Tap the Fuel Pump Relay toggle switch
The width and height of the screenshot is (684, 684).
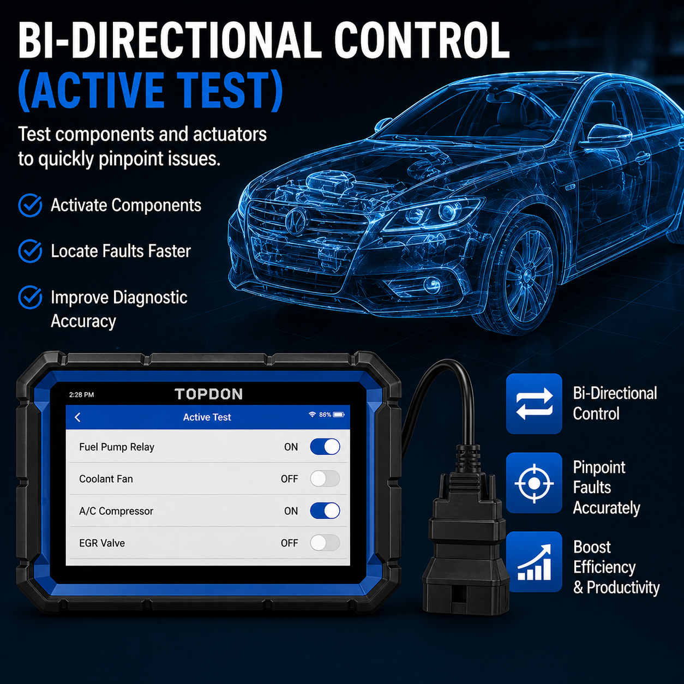point(325,447)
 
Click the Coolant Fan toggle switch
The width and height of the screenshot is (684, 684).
point(325,478)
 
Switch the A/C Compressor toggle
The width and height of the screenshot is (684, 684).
point(325,511)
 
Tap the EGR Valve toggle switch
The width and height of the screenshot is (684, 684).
point(325,543)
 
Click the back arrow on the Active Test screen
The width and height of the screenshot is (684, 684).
point(78,417)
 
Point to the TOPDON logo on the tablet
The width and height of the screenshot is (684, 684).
point(209,394)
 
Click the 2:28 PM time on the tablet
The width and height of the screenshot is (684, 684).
point(81,395)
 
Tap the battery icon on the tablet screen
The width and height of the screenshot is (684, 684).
point(339,415)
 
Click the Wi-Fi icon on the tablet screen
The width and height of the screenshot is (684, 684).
point(313,414)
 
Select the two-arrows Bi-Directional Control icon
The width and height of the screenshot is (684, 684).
point(534,404)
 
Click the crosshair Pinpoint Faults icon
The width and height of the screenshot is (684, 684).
point(534,483)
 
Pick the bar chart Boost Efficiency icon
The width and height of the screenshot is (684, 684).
point(534,562)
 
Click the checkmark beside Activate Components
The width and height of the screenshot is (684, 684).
point(30,205)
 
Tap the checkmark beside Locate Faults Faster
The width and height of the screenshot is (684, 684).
point(30,251)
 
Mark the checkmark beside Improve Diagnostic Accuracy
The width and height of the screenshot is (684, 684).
point(30,297)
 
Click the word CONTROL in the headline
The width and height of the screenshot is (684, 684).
point(422,40)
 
